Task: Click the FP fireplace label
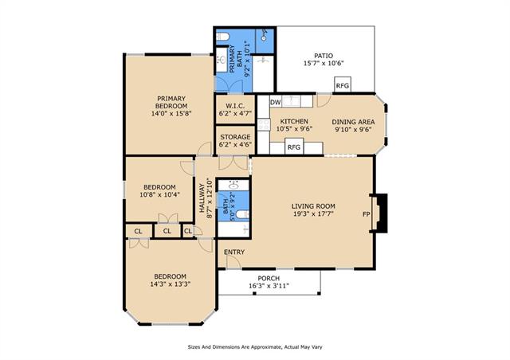(x=367, y=214)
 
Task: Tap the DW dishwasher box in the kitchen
(x=276, y=102)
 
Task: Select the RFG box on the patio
(x=343, y=85)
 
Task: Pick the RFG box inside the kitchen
(x=294, y=147)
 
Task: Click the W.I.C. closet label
(x=235, y=106)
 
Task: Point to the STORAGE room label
(x=235, y=137)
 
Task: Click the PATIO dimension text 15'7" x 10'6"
(x=324, y=64)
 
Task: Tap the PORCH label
(x=269, y=279)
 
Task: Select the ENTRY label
(x=234, y=252)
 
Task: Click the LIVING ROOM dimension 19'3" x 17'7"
(x=313, y=213)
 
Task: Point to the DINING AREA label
(x=353, y=122)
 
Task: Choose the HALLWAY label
(x=202, y=198)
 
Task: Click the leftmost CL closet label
(x=138, y=231)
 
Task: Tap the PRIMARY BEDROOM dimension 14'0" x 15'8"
(x=171, y=114)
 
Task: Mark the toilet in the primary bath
(x=223, y=36)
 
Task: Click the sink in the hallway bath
(x=233, y=186)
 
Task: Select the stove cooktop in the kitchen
(x=264, y=124)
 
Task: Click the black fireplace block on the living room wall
(x=381, y=213)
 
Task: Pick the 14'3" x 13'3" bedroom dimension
(x=170, y=284)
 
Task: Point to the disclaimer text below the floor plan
(x=255, y=347)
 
